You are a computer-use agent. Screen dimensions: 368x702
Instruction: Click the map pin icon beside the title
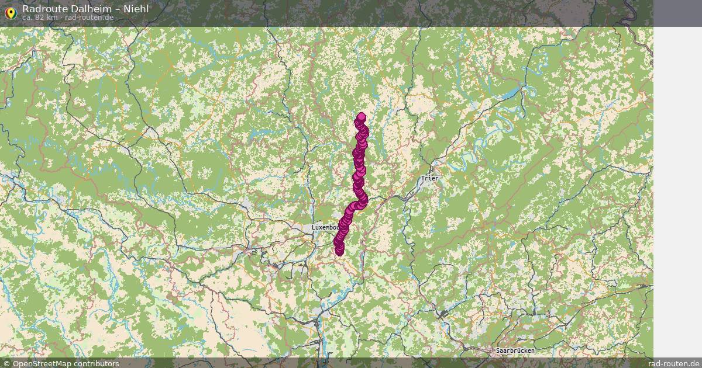(x=10, y=13)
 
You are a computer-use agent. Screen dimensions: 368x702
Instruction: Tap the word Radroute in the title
(x=44, y=9)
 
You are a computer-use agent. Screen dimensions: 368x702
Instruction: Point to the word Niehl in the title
(x=136, y=9)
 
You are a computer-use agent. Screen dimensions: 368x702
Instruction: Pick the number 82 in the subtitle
(x=39, y=18)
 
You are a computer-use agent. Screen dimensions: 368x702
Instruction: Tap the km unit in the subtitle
(x=51, y=18)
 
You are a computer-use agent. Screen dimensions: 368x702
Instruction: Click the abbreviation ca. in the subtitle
(x=27, y=18)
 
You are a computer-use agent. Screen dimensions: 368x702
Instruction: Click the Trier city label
(x=429, y=178)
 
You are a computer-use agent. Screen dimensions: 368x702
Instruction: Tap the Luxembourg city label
(x=325, y=227)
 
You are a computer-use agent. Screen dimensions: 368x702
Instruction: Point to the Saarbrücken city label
(x=515, y=350)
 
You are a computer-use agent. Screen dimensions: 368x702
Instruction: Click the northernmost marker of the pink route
(x=362, y=117)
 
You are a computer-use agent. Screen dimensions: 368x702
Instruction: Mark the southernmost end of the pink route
(x=339, y=251)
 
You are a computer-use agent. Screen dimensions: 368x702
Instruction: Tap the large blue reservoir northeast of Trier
(x=511, y=93)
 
